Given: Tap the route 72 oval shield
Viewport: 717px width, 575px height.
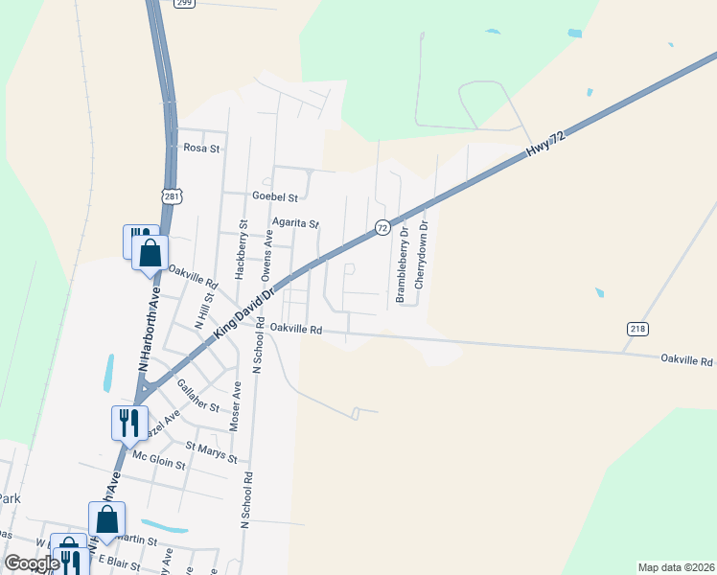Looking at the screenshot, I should [x=382, y=227].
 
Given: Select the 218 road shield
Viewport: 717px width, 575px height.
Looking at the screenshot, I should [x=638, y=328].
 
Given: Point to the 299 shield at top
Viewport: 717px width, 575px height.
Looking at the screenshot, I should [x=185, y=3].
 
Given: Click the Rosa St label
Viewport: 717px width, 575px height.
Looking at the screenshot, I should [x=201, y=149].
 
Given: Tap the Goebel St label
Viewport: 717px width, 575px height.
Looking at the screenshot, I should [x=275, y=196].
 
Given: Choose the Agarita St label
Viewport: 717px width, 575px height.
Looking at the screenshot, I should [x=294, y=223].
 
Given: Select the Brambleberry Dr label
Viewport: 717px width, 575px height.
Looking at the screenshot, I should [x=402, y=264].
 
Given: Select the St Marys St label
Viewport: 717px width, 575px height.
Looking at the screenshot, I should [x=210, y=451].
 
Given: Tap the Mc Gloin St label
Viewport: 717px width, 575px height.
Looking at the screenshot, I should [x=158, y=459].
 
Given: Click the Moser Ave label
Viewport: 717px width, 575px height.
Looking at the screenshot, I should [x=236, y=405].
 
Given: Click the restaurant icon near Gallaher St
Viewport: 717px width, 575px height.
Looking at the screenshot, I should [x=129, y=422].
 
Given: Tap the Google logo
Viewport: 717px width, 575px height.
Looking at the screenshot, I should [x=33, y=563].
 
